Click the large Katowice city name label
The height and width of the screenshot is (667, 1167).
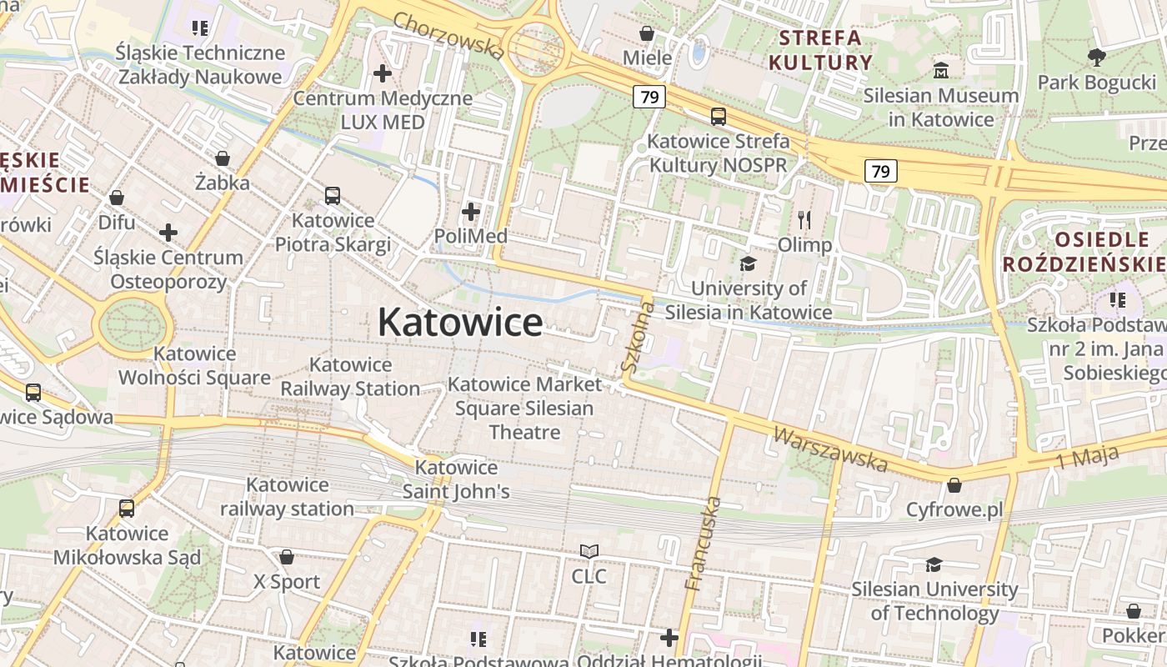click(x=460, y=323)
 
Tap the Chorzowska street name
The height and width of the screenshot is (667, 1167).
click(x=448, y=36)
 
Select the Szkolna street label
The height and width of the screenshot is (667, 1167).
click(x=638, y=335)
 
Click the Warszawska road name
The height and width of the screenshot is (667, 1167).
click(x=830, y=449)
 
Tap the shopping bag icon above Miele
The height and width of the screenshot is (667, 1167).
click(x=647, y=33)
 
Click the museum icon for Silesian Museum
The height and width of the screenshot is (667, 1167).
click(x=941, y=70)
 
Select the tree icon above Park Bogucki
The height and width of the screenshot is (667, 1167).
click(x=1096, y=57)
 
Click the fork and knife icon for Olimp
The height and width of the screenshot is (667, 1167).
click(x=804, y=220)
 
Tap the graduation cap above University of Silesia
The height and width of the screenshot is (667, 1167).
click(x=748, y=264)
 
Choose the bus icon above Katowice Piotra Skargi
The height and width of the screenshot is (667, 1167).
click(x=333, y=196)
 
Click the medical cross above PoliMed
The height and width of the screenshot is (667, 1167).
click(x=471, y=212)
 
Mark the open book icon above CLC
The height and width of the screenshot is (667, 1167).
click(x=589, y=552)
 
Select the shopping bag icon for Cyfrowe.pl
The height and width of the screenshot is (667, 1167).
click(x=954, y=485)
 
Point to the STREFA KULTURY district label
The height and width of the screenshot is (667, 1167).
click(x=820, y=50)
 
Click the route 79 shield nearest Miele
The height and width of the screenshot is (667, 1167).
click(x=649, y=97)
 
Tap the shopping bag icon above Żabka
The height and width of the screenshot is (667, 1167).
click(x=223, y=158)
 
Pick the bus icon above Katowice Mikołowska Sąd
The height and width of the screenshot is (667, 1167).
click(x=127, y=508)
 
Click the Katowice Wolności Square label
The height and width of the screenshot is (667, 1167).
click(x=194, y=366)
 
